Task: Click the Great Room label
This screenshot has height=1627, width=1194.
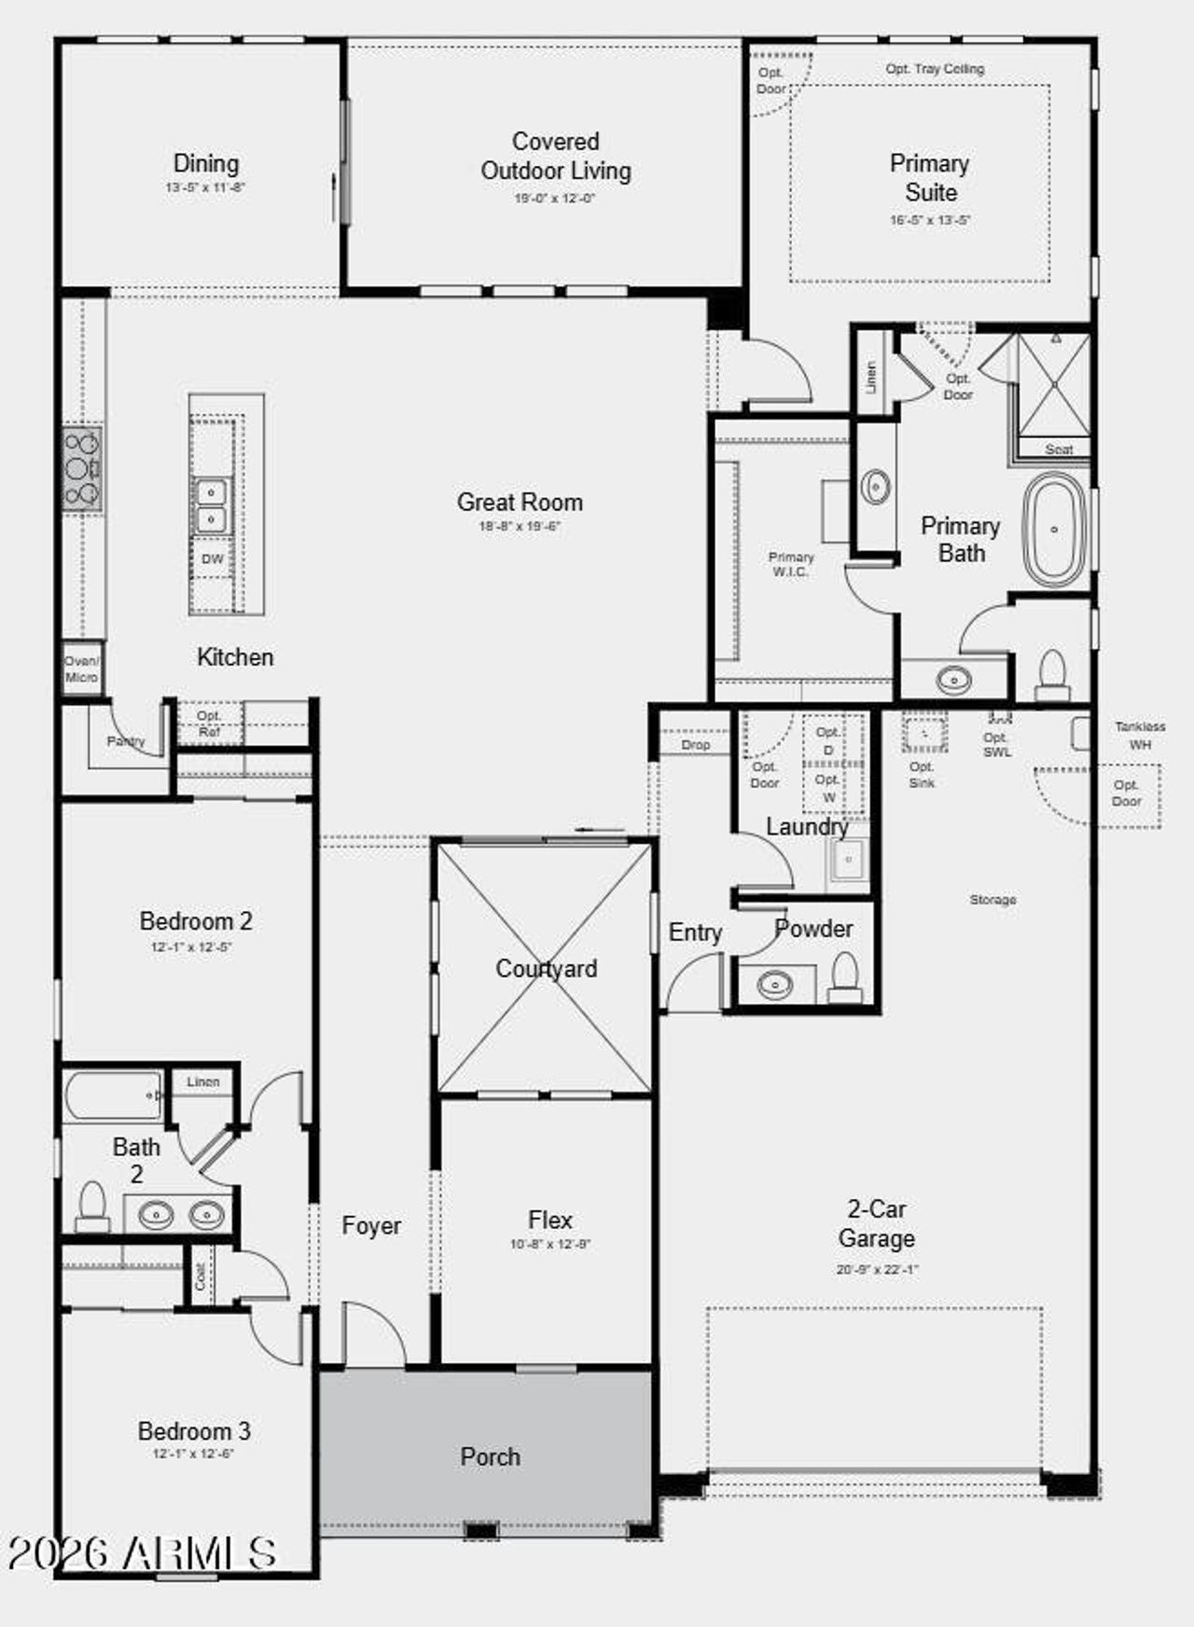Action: pos(520,502)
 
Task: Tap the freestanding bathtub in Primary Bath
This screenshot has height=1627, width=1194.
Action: pos(1055,530)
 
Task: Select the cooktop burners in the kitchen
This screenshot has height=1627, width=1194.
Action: pos(82,468)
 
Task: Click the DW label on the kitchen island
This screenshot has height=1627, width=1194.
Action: pos(213,558)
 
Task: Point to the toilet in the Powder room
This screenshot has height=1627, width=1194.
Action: pos(845,976)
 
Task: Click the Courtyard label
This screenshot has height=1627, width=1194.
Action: pos(546,969)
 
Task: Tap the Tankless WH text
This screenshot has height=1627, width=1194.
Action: pos(1139,735)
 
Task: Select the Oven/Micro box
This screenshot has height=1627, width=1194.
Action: pos(81,669)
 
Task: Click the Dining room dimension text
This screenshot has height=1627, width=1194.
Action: pos(205,187)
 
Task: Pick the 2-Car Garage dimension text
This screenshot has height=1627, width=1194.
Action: pos(877,1269)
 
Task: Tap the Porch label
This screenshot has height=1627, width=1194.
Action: pos(490,1456)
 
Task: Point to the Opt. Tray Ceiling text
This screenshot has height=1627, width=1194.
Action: pos(935,69)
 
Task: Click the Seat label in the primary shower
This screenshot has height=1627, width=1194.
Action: pos(1059,449)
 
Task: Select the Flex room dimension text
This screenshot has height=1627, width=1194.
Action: pos(549,1244)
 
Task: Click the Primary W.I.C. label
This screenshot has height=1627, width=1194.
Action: pos(791,563)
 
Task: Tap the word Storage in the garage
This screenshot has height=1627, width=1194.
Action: pos(993,900)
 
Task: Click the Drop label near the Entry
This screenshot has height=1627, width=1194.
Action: pos(695,745)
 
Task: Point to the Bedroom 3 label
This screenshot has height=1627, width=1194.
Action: pos(194,1430)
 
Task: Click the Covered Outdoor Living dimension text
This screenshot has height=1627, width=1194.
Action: pos(554,199)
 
